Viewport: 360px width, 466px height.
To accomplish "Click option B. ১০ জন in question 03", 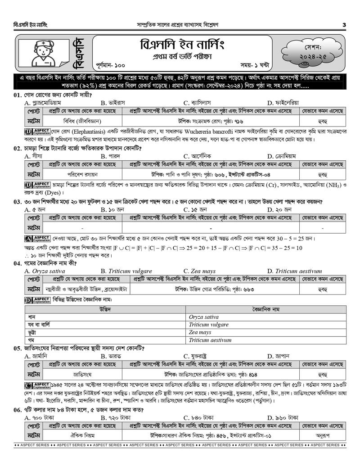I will pyautogui.click(x=112, y=209).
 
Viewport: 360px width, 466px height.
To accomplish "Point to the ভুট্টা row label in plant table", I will pyautogui.click(x=33, y=332).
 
